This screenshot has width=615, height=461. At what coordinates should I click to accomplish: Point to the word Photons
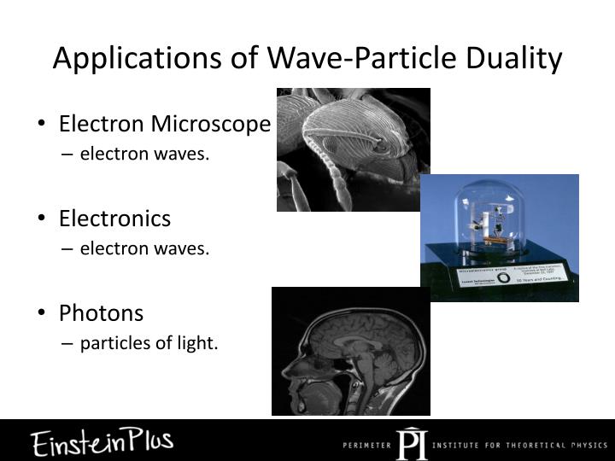pyautogui.click(x=101, y=313)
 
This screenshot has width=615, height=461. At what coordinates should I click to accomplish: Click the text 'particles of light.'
pyautogui.click(x=149, y=343)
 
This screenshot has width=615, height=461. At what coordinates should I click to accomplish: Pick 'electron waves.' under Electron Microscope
pyautogui.click(x=144, y=155)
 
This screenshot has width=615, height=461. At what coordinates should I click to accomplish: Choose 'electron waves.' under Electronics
pyautogui.click(x=144, y=249)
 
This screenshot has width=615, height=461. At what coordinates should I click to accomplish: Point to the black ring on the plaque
pyautogui.click(x=506, y=277)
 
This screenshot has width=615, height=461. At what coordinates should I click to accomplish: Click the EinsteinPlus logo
pyautogui.click(x=102, y=441)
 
